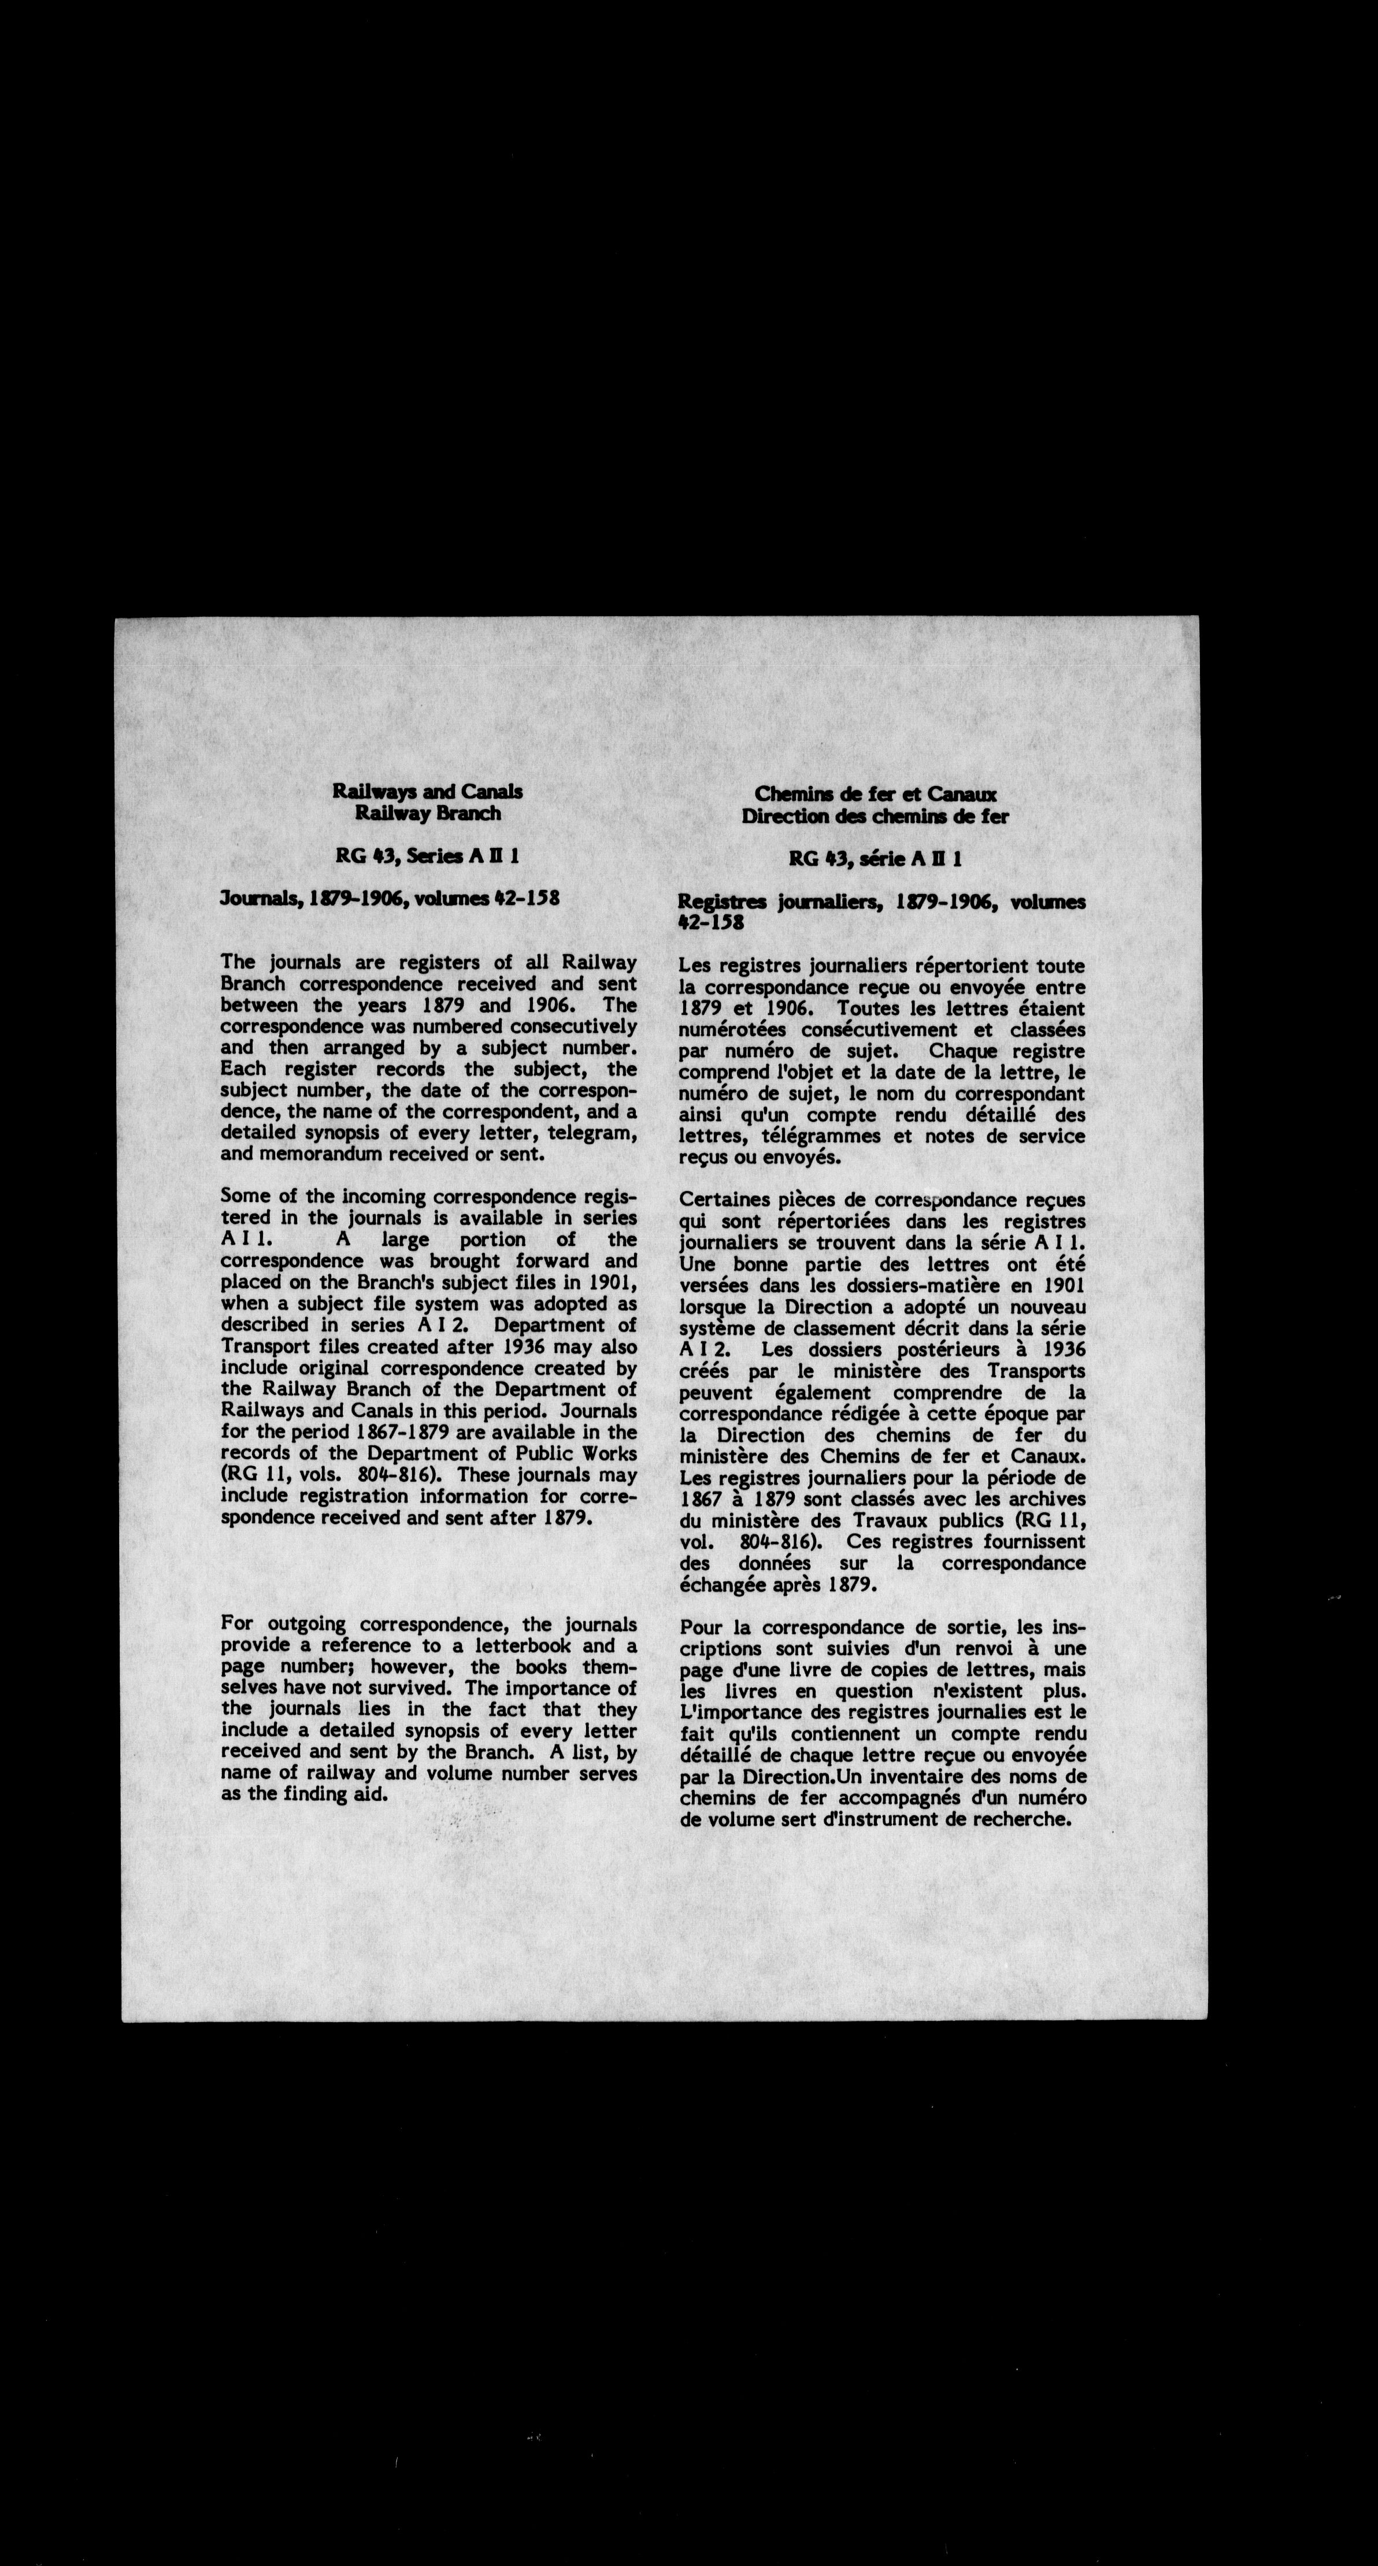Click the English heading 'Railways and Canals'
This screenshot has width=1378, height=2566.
(428, 792)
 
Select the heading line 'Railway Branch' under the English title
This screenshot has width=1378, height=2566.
(428, 814)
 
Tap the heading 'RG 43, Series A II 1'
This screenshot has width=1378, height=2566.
(428, 856)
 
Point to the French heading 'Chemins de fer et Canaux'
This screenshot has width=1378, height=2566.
(875, 795)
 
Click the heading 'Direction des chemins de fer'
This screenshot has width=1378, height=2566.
(875, 817)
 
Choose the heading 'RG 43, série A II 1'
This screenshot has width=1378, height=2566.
(875, 859)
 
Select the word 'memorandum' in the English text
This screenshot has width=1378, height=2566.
(310, 1155)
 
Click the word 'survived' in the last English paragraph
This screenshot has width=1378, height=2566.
(414, 1689)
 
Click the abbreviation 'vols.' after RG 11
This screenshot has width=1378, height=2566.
(301, 1475)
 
